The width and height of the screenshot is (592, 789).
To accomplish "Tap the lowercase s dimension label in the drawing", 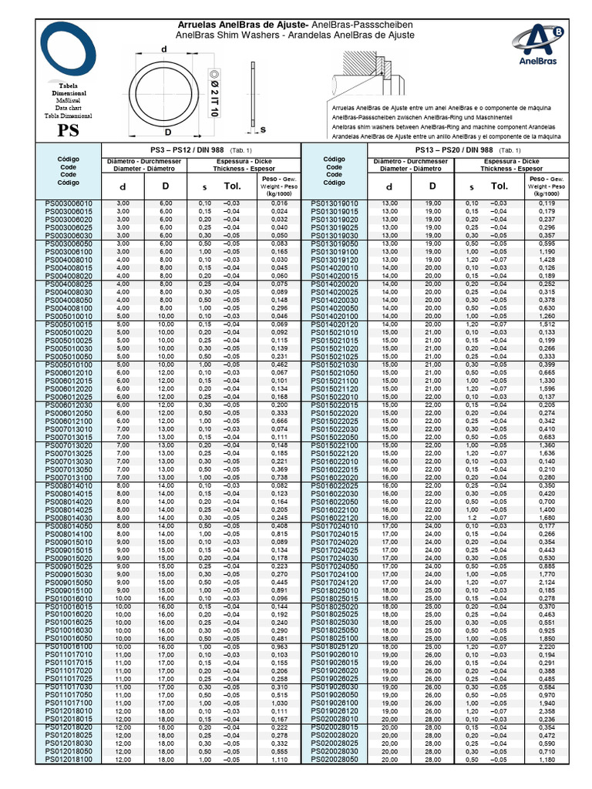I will tap(262, 129).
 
